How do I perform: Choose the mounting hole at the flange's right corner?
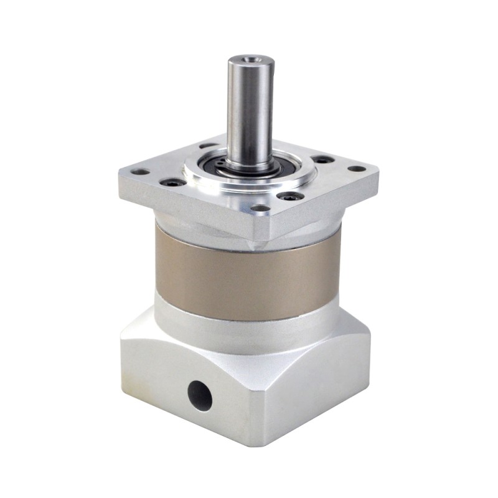(356, 168)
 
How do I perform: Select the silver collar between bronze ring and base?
(249, 327)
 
